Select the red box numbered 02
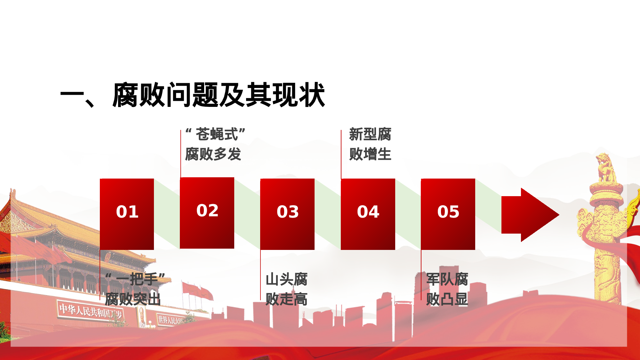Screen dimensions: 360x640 [x=207, y=213]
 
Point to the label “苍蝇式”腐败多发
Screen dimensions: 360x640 [x=214, y=144]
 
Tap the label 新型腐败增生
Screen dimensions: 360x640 [x=370, y=144]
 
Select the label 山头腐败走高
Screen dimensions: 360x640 [x=286, y=289]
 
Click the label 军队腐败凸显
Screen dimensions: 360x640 [x=447, y=289]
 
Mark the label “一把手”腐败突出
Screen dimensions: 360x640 [x=134, y=289]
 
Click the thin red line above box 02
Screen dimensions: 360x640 [x=181, y=154]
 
